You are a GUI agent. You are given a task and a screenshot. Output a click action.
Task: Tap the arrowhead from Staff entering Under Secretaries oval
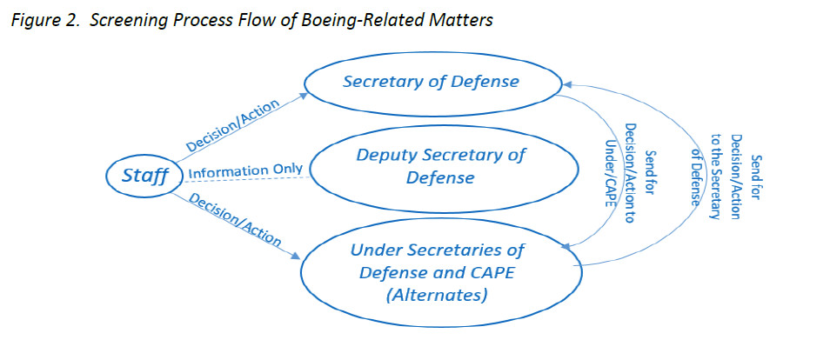coord(299,256)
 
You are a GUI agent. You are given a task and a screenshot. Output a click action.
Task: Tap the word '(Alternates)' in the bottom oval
coord(437,296)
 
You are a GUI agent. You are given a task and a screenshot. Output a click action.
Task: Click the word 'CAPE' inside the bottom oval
coord(491,273)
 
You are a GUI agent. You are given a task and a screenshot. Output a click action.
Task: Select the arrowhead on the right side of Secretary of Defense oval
coord(566,84)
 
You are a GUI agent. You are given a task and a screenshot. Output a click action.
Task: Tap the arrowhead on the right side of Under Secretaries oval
coord(572,250)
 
